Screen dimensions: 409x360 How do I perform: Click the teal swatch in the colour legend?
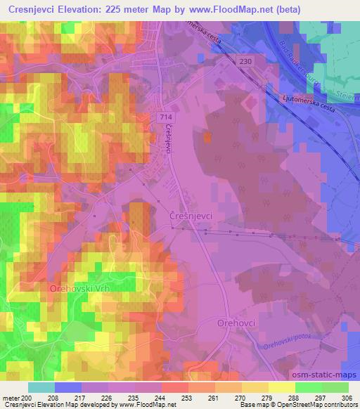point(41,387)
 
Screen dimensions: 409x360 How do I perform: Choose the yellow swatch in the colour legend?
point(281,387)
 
